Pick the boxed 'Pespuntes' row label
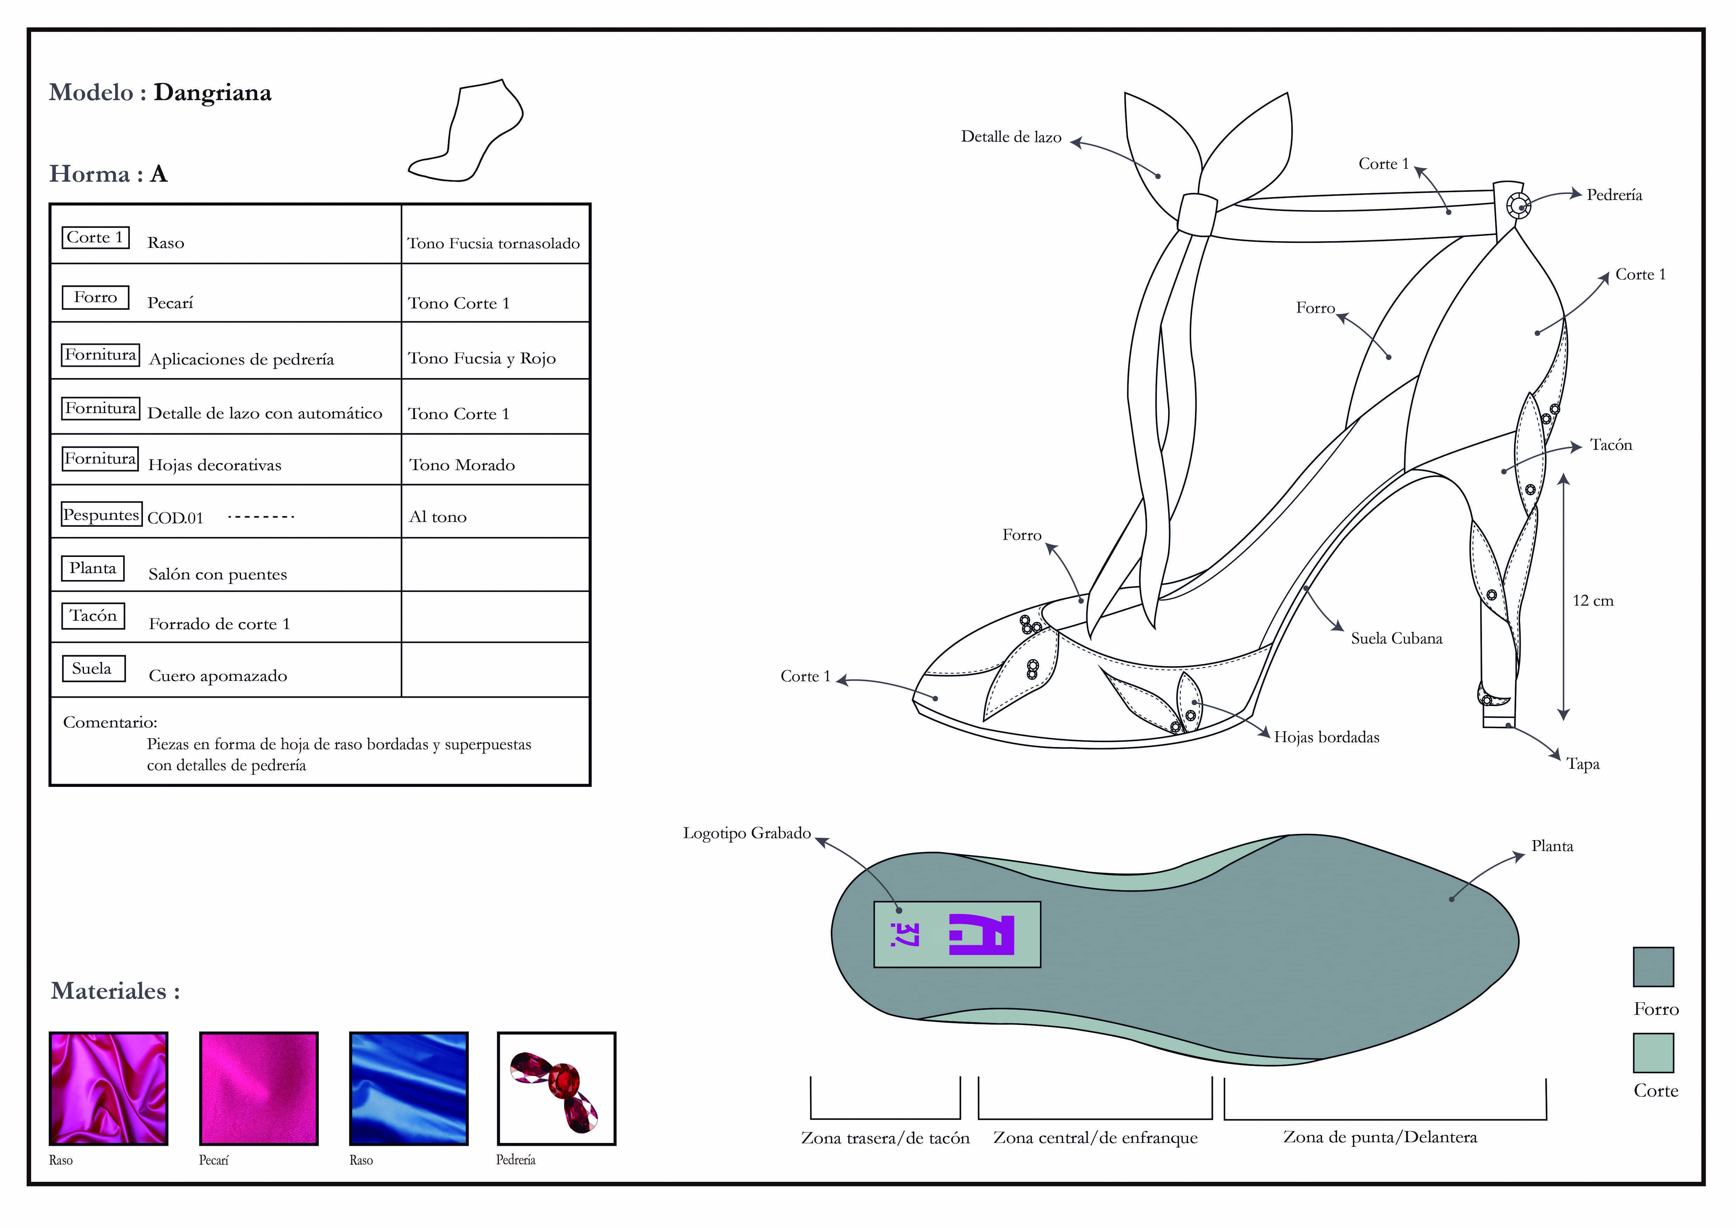coord(101,515)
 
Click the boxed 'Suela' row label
coord(92,669)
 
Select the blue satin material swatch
coord(408,1088)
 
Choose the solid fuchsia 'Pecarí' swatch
coord(259,1088)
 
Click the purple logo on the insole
coord(981,935)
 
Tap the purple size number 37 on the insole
coord(904,935)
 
